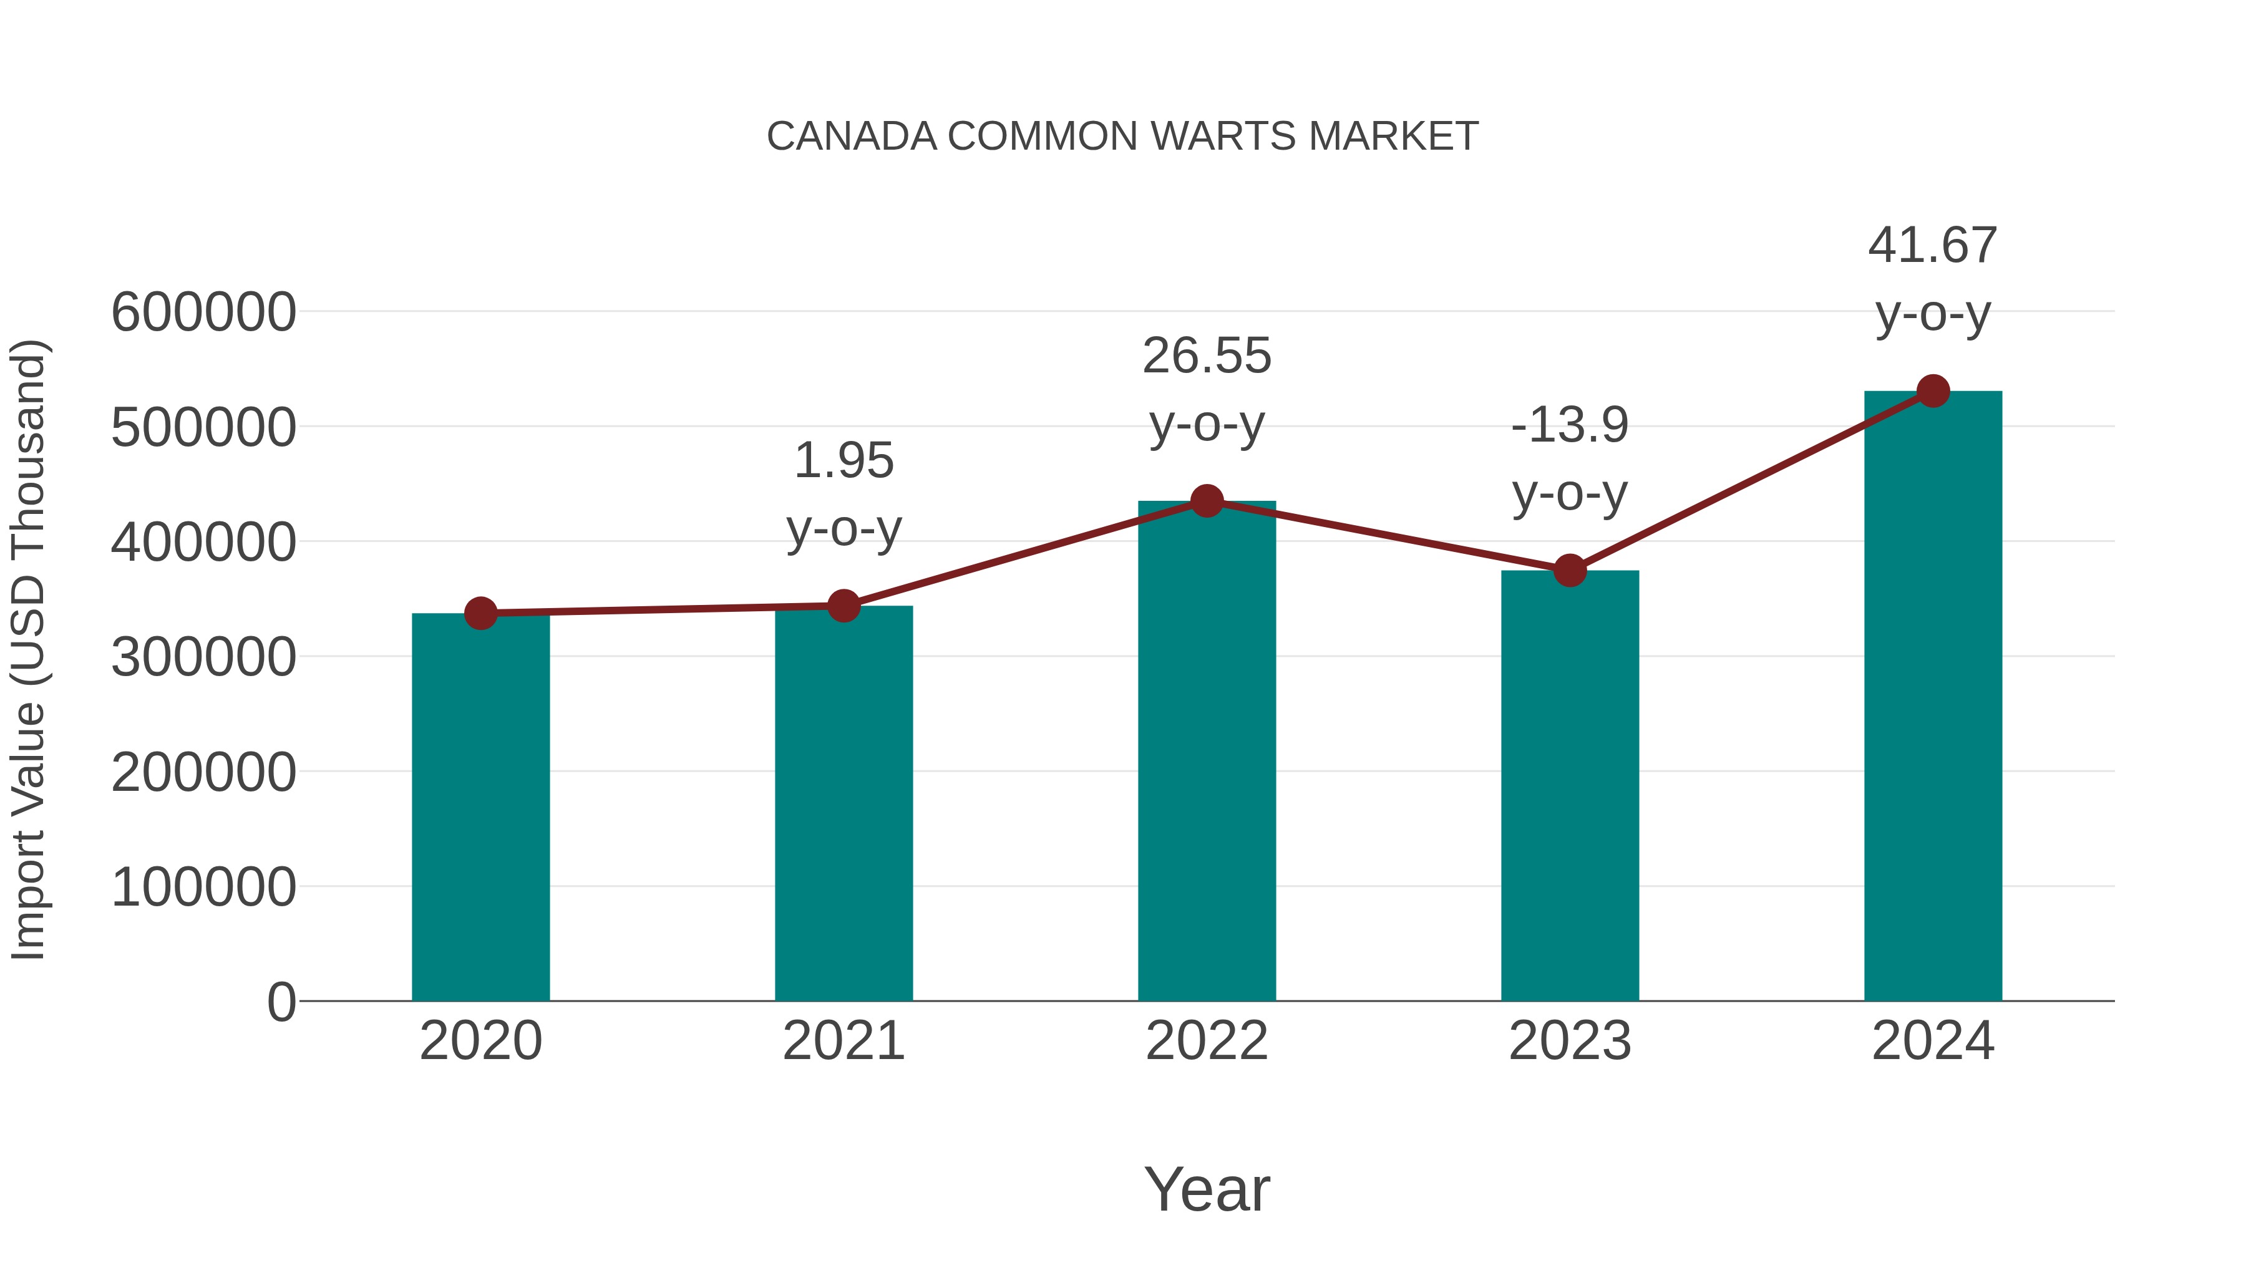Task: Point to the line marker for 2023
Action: click(1570, 570)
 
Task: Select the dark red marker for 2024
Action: click(1933, 391)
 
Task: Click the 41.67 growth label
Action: click(1932, 246)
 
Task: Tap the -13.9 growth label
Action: click(1570, 425)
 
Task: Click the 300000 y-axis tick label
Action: click(203, 657)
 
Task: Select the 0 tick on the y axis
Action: click(281, 1002)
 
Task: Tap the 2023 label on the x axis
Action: click(1570, 1041)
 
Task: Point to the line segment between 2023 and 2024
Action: click(1751, 481)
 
